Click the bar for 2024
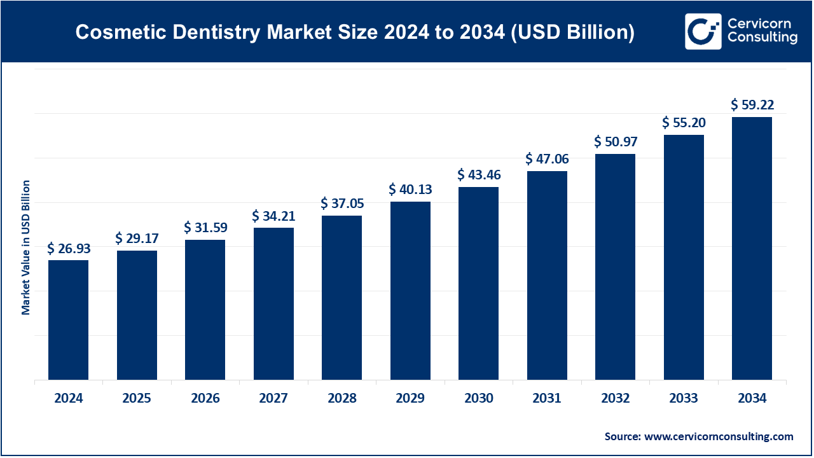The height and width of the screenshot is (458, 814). click(68, 320)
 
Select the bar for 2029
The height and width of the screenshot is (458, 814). click(410, 291)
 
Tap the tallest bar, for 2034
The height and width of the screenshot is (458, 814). click(752, 248)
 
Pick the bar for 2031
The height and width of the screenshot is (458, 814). click(547, 275)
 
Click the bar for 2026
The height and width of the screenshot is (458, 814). click(205, 310)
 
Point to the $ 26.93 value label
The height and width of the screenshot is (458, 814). click(68, 249)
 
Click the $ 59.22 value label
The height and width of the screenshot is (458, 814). click(752, 105)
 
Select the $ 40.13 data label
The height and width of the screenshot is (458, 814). click(410, 190)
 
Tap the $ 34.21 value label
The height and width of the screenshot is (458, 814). click(273, 216)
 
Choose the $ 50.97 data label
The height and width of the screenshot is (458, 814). click(615, 141)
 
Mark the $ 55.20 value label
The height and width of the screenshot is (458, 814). click(684, 123)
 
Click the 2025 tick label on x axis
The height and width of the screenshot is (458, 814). click(137, 399)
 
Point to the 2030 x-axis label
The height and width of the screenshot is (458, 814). click(478, 399)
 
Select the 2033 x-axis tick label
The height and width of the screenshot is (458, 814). click(684, 399)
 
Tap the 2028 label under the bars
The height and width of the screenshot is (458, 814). click(341, 399)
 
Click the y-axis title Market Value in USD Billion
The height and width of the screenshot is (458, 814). click(26, 247)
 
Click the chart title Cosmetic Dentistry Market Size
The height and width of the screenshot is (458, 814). click(355, 32)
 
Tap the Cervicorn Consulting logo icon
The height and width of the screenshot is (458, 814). click(703, 31)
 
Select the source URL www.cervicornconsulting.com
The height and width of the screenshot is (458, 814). click(718, 436)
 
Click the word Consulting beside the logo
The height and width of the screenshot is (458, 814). click(762, 38)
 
